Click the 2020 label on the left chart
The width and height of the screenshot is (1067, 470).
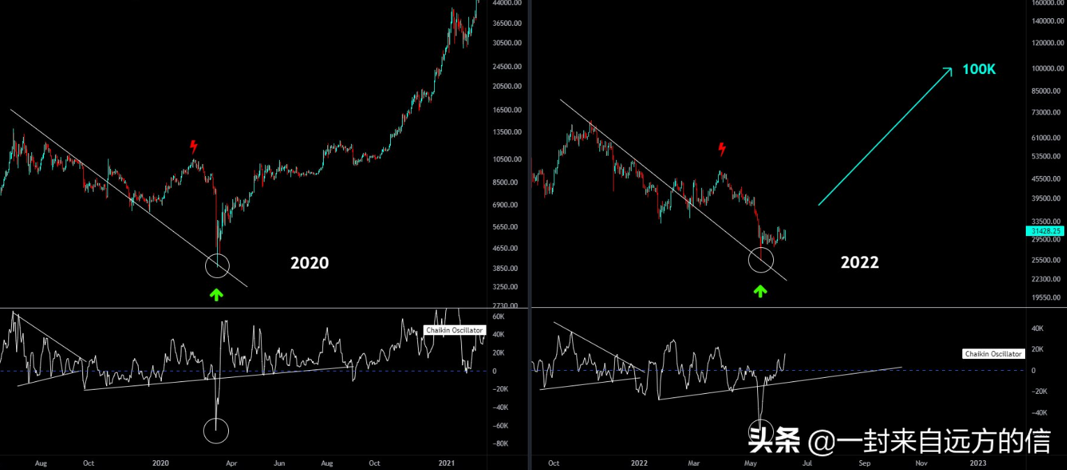[309, 263]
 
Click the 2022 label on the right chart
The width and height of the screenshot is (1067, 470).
[860, 263]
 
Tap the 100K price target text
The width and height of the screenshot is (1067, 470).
[979, 69]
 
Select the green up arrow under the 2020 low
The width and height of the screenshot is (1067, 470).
[216, 294]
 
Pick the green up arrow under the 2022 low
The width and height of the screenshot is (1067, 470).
[760, 291]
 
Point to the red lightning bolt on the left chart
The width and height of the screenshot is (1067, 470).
[193, 147]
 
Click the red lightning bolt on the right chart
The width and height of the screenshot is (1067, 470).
[722, 149]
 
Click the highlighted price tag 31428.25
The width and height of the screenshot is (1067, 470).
[1044, 230]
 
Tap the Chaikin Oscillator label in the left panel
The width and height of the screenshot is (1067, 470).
[454, 330]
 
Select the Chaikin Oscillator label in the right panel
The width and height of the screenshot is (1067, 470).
[994, 354]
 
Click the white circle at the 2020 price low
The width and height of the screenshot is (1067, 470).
[217, 265]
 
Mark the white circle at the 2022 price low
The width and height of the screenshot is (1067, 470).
[761, 260]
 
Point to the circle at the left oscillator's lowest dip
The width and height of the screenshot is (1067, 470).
[216, 431]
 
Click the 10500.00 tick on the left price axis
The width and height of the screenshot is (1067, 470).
[505, 159]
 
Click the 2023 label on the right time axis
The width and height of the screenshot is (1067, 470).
[978, 462]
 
